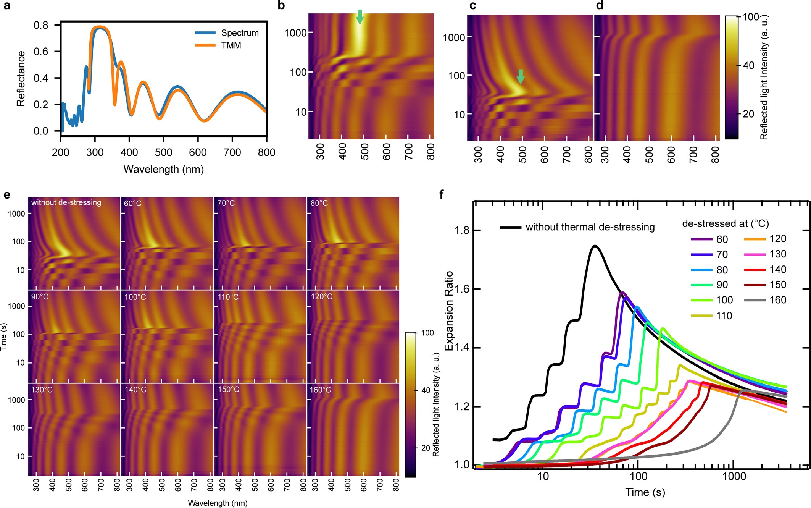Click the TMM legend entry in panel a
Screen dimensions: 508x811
click(x=231, y=45)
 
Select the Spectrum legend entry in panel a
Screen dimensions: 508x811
click(x=240, y=33)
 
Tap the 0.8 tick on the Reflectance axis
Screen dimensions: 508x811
click(x=41, y=25)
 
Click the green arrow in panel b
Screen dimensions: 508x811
click(x=360, y=17)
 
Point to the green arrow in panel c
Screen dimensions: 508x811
click(x=521, y=77)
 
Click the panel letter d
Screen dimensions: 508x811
click(x=599, y=6)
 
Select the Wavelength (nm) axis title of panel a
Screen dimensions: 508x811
click(x=163, y=169)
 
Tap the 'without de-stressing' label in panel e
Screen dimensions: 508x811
click(x=66, y=202)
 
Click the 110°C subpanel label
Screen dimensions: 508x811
click(x=228, y=297)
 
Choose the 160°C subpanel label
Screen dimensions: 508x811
click(x=320, y=390)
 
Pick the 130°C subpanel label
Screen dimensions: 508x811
click(x=42, y=390)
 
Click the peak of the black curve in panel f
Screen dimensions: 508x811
click(x=595, y=246)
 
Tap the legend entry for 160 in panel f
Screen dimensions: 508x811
click(x=778, y=300)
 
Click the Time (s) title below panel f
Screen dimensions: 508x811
click(x=645, y=492)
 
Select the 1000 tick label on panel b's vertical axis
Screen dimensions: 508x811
click(x=295, y=33)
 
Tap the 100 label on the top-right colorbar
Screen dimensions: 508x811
click(x=751, y=17)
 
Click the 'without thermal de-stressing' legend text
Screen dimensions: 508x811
click(x=590, y=227)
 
